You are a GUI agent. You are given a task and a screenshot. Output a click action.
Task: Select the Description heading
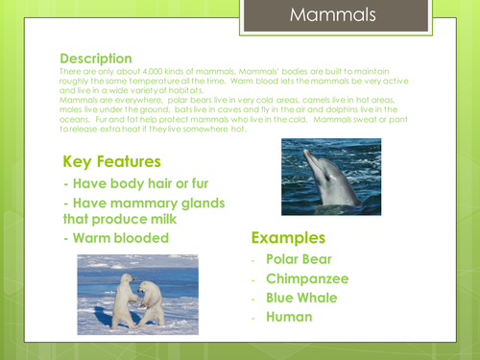click(x=96, y=59)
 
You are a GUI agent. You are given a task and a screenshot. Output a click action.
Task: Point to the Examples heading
click(x=289, y=237)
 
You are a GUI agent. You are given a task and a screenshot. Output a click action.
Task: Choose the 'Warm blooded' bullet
click(x=121, y=237)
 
